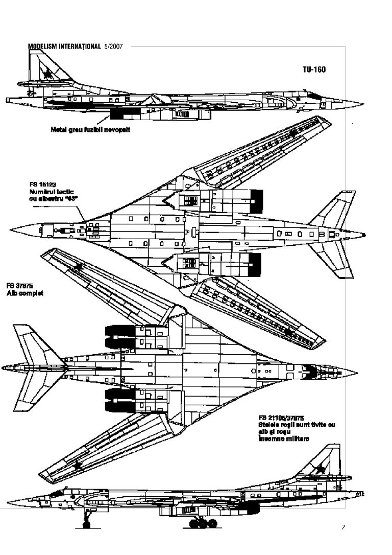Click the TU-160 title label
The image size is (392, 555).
point(313,70)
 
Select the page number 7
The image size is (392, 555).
point(343,527)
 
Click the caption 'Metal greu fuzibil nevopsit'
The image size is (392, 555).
point(90,130)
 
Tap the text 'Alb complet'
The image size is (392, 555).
point(24,294)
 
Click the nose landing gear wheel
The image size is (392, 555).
point(86,523)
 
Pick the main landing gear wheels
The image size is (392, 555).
point(202,523)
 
